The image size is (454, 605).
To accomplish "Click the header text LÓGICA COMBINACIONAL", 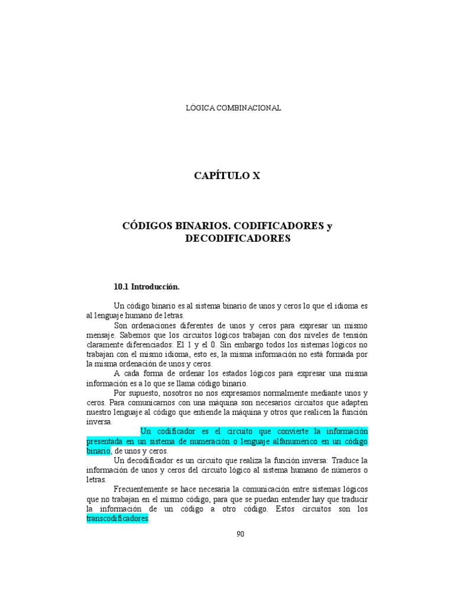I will pyautogui.click(x=234, y=108).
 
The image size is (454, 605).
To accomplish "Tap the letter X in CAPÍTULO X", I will pyautogui.click(x=256, y=175).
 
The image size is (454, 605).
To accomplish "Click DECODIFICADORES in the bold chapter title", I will pyautogui.click(x=238, y=239).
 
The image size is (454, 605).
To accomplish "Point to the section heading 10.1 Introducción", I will pyautogui.click(x=146, y=287).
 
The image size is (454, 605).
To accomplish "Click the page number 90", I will pyautogui.click(x=240, y=534).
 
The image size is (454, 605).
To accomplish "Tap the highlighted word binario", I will pyautogui.click(x=99, y=450).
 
